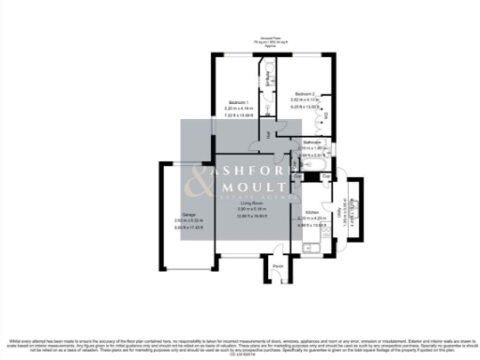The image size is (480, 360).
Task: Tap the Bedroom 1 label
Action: [x=239, y=103]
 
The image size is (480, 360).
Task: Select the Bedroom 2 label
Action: [x=306, y=95]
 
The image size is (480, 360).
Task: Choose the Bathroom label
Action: [x=312, y=142]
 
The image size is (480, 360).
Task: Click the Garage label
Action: [x=188, y=215]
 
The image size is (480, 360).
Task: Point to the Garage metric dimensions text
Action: [x=188, y=221]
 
